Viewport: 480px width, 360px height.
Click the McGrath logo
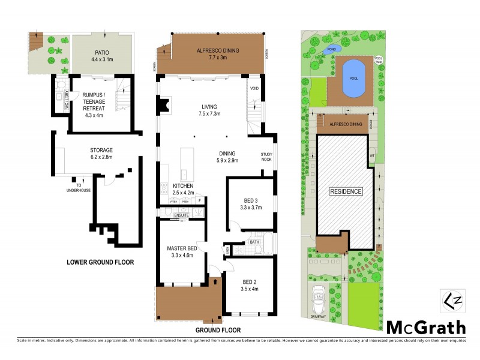coord(426,327)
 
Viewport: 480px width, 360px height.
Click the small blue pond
coord(331,48)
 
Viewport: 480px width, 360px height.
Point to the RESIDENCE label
coord(346,191)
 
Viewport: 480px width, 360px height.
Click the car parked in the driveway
coord(319,295)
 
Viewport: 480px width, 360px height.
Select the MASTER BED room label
coord(181,248)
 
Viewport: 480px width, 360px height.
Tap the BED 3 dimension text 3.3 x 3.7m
coord(251,207)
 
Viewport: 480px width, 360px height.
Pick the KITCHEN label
coord(184,187)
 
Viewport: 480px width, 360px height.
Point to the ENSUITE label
coord(182,215)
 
